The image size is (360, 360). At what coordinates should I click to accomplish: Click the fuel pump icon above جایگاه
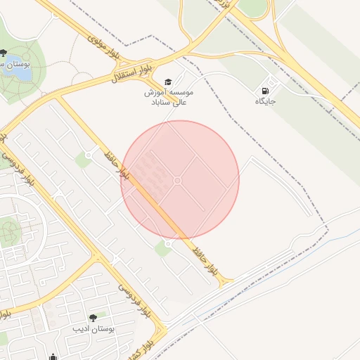[265, 90]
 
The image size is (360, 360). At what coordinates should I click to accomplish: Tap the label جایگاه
[266, 102]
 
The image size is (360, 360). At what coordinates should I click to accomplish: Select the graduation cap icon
[168, 82]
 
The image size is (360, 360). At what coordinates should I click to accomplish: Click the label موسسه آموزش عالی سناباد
[169, 97]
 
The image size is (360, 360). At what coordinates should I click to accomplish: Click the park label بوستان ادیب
[92, 328]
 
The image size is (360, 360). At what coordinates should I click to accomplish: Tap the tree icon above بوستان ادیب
[92, 318]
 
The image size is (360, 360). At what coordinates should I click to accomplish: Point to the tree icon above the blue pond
[4, 53]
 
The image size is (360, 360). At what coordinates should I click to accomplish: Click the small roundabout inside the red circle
[177, 181]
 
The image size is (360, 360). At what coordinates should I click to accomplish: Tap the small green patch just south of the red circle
[163, 248]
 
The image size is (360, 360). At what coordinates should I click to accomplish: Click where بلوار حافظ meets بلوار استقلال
[56, 98]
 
